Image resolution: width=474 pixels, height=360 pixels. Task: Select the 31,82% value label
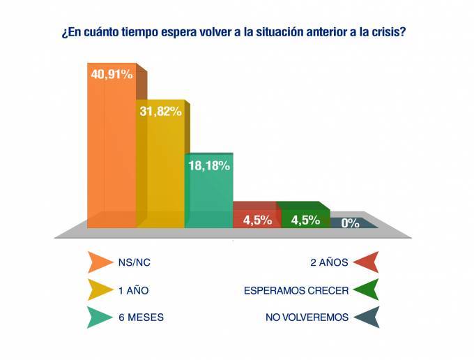[x=160, y=111]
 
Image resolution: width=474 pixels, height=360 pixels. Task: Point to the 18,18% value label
[x=208, y=165]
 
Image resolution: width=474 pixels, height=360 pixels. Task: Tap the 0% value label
[x=350, y=223]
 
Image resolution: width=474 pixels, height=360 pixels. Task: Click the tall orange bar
[x=111, y=153]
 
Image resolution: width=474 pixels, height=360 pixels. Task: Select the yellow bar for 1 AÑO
[x=160, y=174]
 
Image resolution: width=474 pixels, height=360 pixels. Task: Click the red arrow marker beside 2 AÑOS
[x=365, y=262]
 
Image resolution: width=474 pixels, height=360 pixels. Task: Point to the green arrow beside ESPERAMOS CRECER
[x=365, y=290]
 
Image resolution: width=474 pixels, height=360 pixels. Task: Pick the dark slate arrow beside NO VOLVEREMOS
[x=365, y=317]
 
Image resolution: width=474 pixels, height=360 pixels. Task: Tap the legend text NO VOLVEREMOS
[x=307, y=317]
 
